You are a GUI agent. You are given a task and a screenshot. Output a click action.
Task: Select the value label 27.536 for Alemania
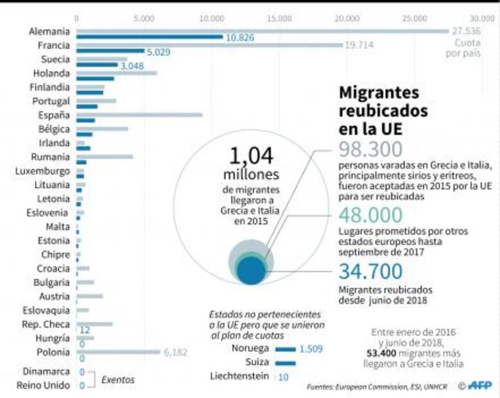pyautogui.click(x=466, y=31)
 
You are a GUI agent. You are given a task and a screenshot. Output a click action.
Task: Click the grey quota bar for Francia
pyautogui.click(x=209, y=45)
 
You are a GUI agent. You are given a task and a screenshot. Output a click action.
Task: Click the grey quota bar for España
pyautogui.click(x=139, y=115)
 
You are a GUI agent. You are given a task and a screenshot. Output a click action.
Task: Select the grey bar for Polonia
pyautogui.click(x=118, y=351)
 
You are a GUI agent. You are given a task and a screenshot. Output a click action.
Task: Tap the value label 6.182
pyautogui.click(x=177, y=352)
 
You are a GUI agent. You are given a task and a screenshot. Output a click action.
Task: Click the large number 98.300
pyautogui.click(x=370, y=149)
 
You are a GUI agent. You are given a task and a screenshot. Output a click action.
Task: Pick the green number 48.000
pyautogui.click(x=371, y=215)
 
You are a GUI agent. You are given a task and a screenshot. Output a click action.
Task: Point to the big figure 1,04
pyautogui.click(x=252, y=156)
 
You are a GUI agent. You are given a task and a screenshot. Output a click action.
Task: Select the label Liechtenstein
pyautogui.click(x=239, y=376)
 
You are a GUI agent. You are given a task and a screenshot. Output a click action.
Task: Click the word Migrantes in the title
pyautogui.click(x=379, y=93)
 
